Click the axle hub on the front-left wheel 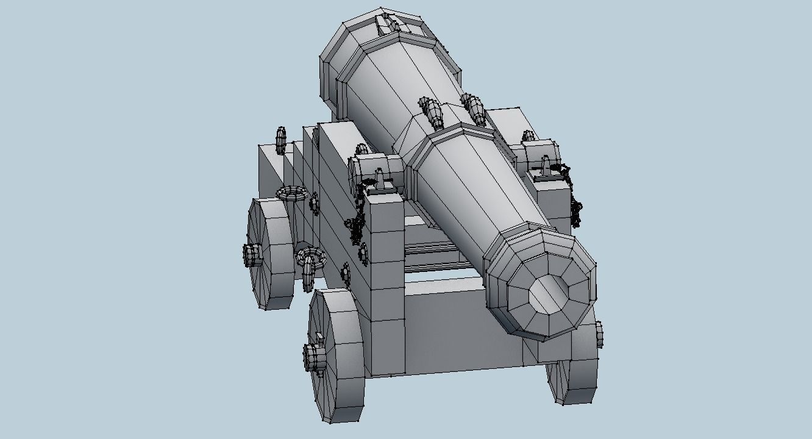tap(313, 356)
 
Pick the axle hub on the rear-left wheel tap(252, 254)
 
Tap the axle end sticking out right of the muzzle tap(599, 334)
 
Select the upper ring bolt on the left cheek tap(291, 194)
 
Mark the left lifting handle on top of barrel tap(433, 113)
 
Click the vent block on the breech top tap(386, 23)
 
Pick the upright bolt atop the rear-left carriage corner tap(280, 140)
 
